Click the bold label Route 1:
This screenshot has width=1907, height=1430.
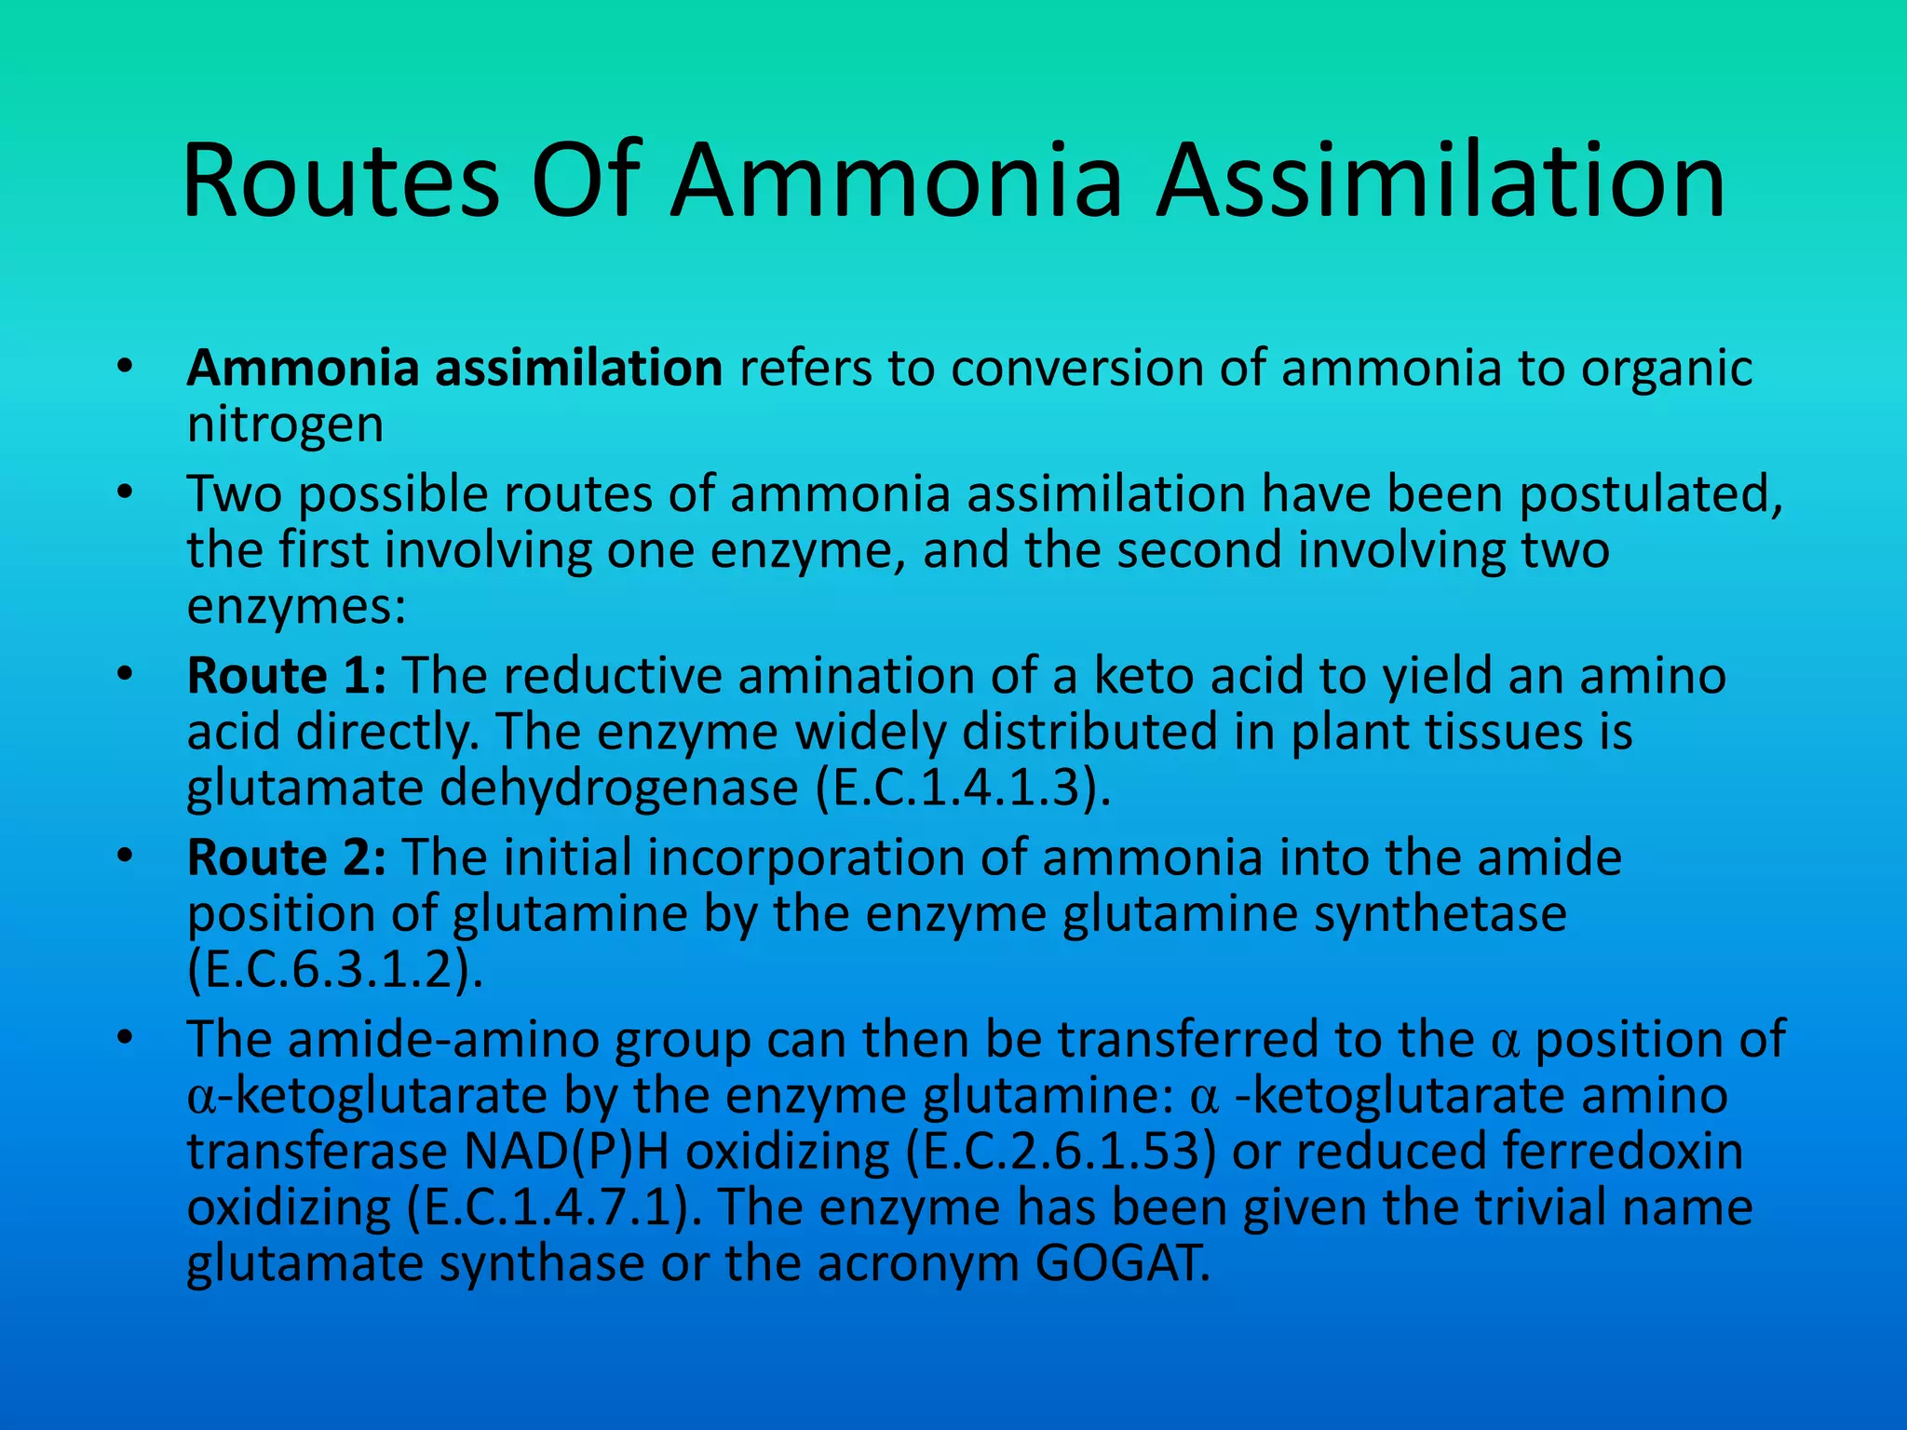coord(287,675)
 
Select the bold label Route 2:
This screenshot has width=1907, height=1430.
coord(287,857)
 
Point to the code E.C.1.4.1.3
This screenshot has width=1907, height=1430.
coord(962,788)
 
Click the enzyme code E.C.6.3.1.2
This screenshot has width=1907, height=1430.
coord(334,970)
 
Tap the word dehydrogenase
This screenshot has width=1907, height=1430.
coord(618,788)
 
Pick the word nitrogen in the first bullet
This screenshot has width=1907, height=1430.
coord(285,425)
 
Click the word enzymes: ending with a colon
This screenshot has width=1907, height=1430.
coord(296,607)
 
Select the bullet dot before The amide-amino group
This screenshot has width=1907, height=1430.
coord(126,1036)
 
